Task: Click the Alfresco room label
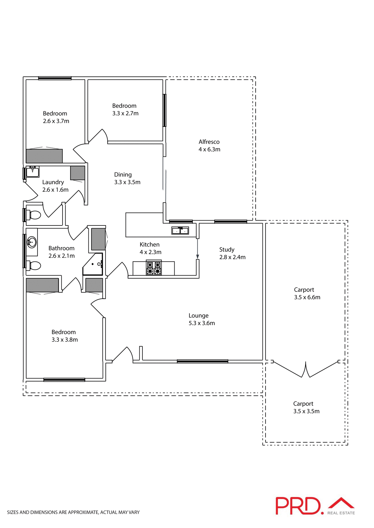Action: click(209, 142)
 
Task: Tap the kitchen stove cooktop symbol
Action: click(154, 268)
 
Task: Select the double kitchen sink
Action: click(180, 230)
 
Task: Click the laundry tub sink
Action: click(32, 172)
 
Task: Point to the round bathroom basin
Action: click(32, 242)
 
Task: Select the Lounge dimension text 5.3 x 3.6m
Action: click(202, 323)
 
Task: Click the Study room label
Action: click(227, 249)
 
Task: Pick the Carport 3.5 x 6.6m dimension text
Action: click(307, 297)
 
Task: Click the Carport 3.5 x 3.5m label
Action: click(303, 403)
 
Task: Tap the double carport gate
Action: click(306, 370)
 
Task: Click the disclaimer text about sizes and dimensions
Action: click(73, 512)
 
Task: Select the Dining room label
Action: click(123, 175)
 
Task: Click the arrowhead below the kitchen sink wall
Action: click(197, 257)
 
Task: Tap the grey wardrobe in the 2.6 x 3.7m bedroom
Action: click(44, 156)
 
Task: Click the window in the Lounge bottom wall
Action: click(202, 361)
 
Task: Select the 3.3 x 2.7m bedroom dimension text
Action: click(125, 113)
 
